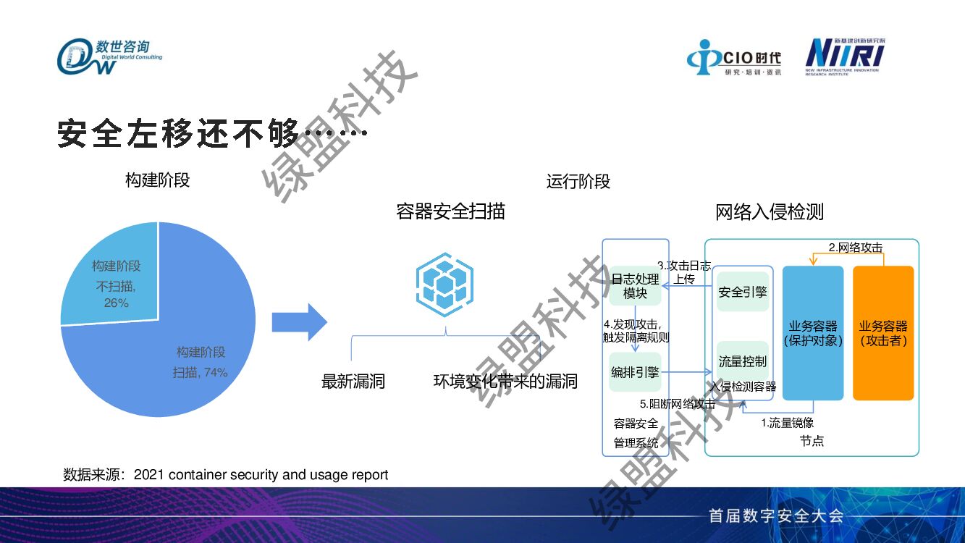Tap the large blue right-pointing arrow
[x=299, y=322]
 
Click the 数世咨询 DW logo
[x=109, y=56]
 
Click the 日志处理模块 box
[x=635, y=286]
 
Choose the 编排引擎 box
[x=635, y=372]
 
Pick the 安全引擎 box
[x=742, y=292]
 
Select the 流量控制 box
[x=742, y=361]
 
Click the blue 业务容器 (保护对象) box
[x=813, y=333]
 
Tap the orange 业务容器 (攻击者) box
[x=883, y=333]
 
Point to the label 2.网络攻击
[x=855, y=248]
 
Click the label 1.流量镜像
[x=787, y=423]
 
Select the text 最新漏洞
[x=353, y=382]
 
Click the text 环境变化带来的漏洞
[x=505, y=382]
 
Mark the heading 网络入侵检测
[x=770, y=212]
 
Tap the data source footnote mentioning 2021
[x=226, y=475]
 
